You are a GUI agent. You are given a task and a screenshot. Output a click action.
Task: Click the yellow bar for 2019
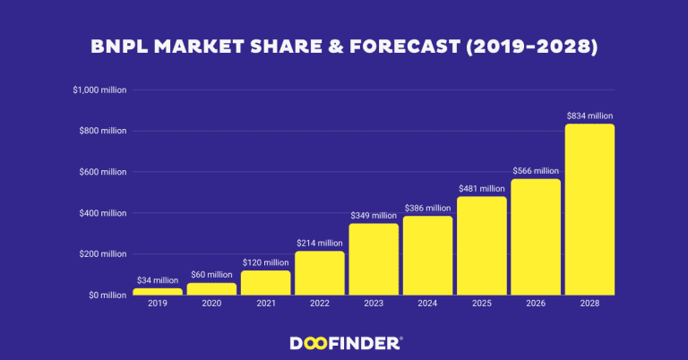tap(158, 291)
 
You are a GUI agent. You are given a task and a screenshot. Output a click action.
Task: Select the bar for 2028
tap(589, 210)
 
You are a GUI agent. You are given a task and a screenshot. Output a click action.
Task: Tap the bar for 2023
tap(374, 259)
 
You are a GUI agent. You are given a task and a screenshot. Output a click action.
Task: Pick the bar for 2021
tap(265, 282)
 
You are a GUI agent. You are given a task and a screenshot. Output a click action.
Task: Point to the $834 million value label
tap(589, 116)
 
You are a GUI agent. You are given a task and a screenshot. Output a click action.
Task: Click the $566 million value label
tap(535, 171)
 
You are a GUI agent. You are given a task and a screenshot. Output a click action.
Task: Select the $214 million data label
tap(319, 243)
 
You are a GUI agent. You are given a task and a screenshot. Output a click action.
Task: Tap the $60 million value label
tap(211, 275)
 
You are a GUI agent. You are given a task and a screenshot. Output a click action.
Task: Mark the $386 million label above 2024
tap(427, 208)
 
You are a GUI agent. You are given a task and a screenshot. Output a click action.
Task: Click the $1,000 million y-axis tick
tap(100, 90)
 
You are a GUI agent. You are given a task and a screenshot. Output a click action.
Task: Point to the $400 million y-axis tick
tap(103, 213)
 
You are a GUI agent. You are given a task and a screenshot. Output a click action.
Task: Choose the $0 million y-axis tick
tap(106, 296)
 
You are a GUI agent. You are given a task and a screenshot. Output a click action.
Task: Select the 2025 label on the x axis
tap(481, 304)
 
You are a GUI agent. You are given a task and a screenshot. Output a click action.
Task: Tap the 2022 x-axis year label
tap(319, 304)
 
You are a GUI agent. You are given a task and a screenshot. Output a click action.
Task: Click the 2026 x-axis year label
tap(535, 304)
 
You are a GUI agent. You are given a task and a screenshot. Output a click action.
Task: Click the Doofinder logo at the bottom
tap(346, 342)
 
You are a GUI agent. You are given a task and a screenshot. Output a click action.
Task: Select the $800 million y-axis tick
tap(103, 131)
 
